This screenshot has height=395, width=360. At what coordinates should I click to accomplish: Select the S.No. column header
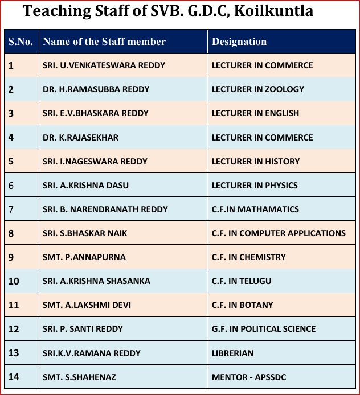(x=21, y=42)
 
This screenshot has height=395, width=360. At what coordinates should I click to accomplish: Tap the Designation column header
(x=239, y=42)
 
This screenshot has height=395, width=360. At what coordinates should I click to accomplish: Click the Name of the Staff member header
(x=104, y=42)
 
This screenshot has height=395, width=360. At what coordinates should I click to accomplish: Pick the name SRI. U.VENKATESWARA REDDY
(x=104, y=65)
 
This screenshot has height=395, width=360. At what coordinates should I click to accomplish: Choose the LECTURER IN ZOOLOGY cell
(x=258, y=89)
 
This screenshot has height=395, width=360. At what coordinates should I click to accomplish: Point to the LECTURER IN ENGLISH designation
(x=255, y=113)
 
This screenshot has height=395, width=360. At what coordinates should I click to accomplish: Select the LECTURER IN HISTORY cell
(x=255, y=161)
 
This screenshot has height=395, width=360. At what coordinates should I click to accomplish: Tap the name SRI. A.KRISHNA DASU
(x=85, y=185)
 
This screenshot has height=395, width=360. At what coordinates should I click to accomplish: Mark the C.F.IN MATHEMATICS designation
(x=255, y=209)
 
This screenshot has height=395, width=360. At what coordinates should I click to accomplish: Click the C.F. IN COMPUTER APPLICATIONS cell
(x=279, y=233)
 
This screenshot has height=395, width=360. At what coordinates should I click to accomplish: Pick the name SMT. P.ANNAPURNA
(x=84, y=257)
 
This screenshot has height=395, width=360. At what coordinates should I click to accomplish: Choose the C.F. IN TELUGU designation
(x=242, y=281)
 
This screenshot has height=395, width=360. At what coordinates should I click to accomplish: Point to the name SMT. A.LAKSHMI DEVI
(x=87, y=305)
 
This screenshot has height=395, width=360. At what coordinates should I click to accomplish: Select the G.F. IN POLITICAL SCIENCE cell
(x=263, y=328)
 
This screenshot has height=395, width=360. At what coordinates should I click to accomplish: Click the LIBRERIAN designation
(x=232, y=353)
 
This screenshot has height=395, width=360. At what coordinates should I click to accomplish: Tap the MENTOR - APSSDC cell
(x=248, y=377)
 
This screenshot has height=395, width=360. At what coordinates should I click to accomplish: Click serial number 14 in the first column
(x=14, y=377)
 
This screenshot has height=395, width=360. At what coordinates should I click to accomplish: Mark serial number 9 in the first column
(x=11, y=257)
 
